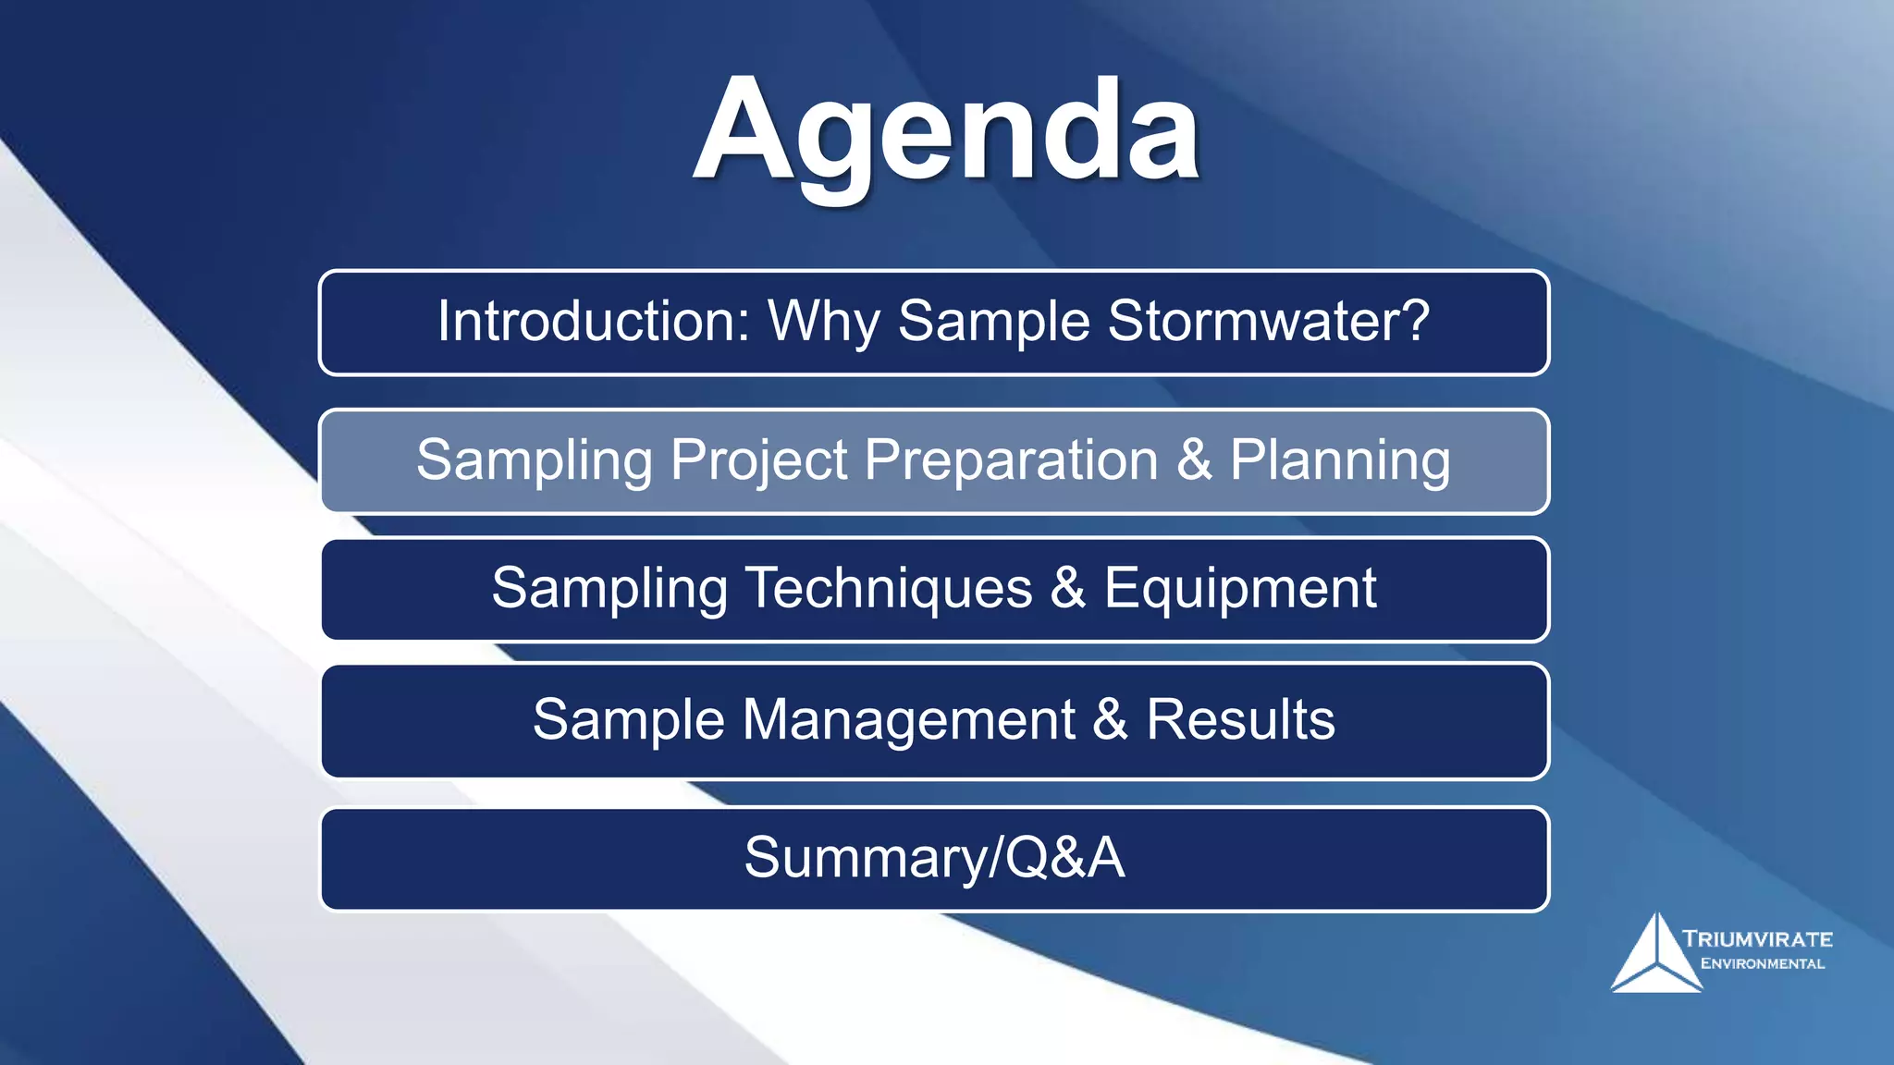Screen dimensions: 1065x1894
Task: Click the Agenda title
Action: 946,131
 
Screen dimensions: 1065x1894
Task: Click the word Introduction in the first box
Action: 593,321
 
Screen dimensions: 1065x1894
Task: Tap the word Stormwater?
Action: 1268,321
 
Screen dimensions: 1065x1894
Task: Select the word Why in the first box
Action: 823,323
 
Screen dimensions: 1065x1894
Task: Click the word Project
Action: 758,460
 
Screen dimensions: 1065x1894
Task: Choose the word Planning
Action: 1339,460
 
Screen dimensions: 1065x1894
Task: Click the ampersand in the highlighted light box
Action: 1194,459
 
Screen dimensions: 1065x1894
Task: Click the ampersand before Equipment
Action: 1068,588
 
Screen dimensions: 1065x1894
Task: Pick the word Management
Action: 908,719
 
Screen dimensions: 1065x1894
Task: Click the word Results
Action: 1240,719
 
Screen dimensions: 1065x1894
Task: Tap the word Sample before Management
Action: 628,719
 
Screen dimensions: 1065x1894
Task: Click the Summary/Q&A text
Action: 934,857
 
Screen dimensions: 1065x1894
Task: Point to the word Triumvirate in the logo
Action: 1757,939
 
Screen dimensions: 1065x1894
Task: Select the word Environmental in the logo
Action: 1762,963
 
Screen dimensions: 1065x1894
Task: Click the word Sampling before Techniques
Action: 609,588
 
